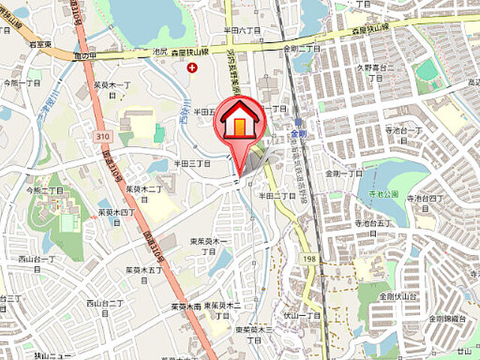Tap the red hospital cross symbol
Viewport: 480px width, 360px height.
pyautogui.click(x=192, y=68)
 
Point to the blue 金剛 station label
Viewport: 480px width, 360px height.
pyautogui.click(x=298, y=134)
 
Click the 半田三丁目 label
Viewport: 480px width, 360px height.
pyautogui.click(x=193, y=162)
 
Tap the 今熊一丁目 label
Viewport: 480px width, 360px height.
pyautogui.click(x=21, y=81)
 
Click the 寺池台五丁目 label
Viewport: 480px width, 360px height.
pyautogui.click(x=373, y=223)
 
